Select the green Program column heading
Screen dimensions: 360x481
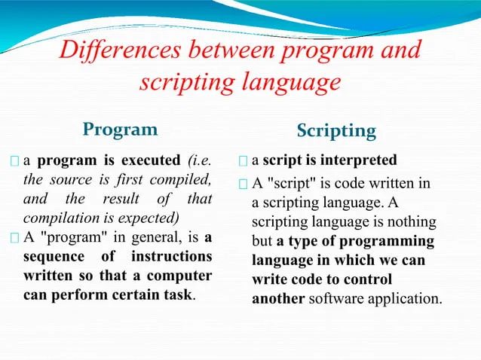tap(121, 129)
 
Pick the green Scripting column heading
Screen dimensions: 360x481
tap(335, 131)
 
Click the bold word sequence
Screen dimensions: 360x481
tap(55, 257)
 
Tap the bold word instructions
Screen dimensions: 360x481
tap(170, 257)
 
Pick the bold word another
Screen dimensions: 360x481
tap(277, 297)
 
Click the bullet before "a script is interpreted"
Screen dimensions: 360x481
tap(242, 161)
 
